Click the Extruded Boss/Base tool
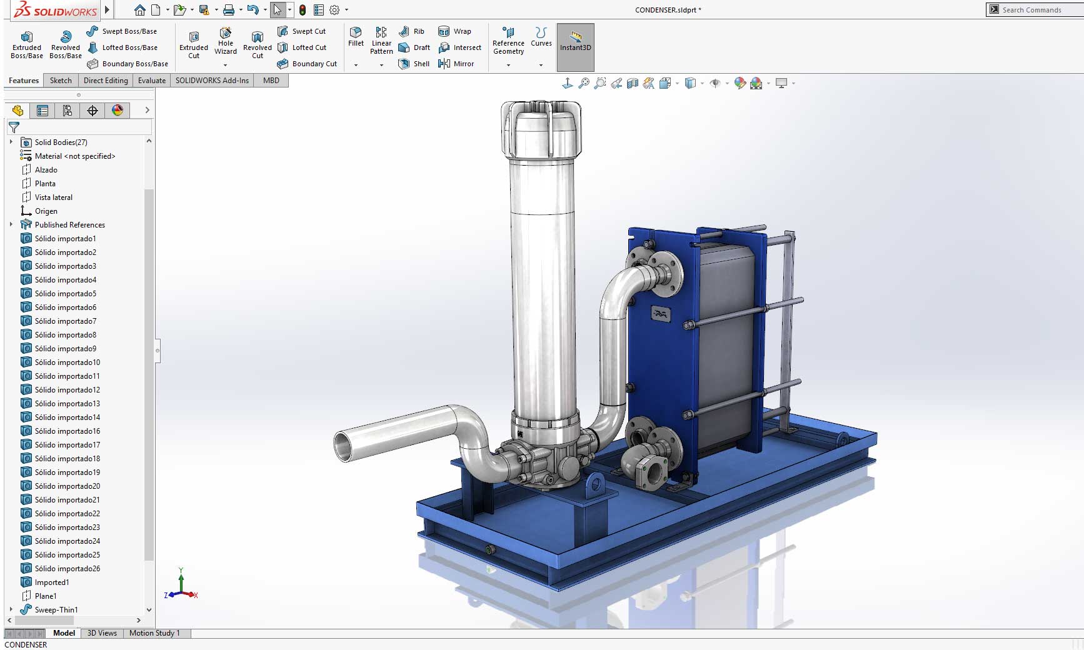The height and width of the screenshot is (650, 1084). (x=27, y=44)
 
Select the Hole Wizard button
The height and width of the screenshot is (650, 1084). (x=226, y=41)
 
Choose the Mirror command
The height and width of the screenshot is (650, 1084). (x=457, y=64)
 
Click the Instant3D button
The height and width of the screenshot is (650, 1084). (x=575, y=41)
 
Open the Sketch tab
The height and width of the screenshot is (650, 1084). (x=61, y=81)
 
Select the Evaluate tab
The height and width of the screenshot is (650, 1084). (x=152, y=81)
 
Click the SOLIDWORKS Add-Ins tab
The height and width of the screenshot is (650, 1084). (x=212, y=81)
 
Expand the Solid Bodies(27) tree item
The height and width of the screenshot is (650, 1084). (x=11, y=142)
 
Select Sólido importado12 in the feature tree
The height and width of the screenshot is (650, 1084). (x=67, y=390)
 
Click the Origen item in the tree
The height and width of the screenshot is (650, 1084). (x=46, y=211)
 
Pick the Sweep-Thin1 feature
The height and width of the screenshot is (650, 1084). (x=56, y=610)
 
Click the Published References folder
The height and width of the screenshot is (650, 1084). (x=69, y=225)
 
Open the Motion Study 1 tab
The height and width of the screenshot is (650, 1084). (x=154, y=633)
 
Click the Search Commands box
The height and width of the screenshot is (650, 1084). (x=1038, y=10)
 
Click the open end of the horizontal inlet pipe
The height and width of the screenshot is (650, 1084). (x=344, y=446)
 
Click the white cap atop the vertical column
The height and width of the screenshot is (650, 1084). (x=541, y=128)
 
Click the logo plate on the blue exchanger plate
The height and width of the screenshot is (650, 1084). (x=660, y=314)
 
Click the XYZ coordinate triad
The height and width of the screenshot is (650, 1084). (x=181, y=587)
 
